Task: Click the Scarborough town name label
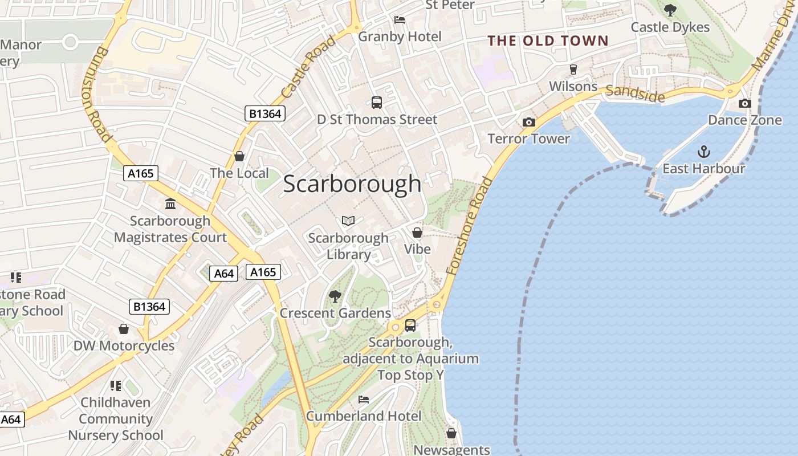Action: (x=352, y=184)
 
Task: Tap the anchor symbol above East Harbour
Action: (x=704, y=152)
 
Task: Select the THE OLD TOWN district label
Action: (x=548, y=40)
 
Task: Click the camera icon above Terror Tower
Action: (x=529, y=122)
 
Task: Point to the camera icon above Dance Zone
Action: (x=744, y=103)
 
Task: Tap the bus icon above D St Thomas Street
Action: (x=377, y=103)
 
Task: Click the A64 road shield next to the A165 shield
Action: (x=224, y=274)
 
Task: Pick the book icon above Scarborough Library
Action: (x=348, y=221)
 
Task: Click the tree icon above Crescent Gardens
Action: (x=335, y=296)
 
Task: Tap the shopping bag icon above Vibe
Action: (x=417, y=232)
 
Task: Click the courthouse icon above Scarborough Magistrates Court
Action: (x=170, y=203)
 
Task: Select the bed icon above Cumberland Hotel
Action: (x=364, y=400)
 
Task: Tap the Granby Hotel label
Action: (x=400, y=37)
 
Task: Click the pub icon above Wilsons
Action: (x=573, y=70)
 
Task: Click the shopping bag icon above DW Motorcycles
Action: (x=124, y=329)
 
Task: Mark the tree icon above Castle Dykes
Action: (x=670, y=10)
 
